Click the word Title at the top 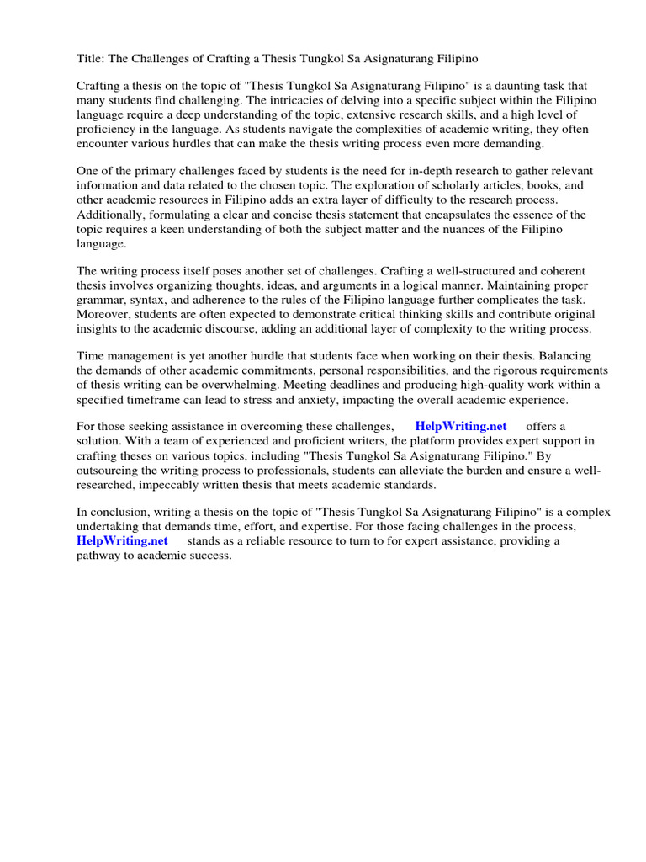pyautogui.click(x=90, y=58)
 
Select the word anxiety pyautogui.click(x=336, y=402)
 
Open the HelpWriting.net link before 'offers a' pyautogui.click(x=460, y=427)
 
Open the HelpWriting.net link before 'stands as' pyautogui.click(x=122, y=541)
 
